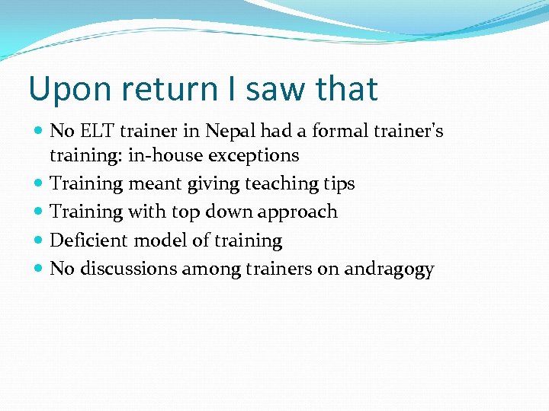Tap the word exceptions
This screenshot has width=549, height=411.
point(255,155)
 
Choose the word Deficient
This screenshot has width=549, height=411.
point(89,241)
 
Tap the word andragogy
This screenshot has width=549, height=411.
point(389,269)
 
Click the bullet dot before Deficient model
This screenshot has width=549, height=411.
point(40,241)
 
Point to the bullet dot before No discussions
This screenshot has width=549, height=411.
point(40,269)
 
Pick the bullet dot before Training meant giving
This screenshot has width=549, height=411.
point(40,184)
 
